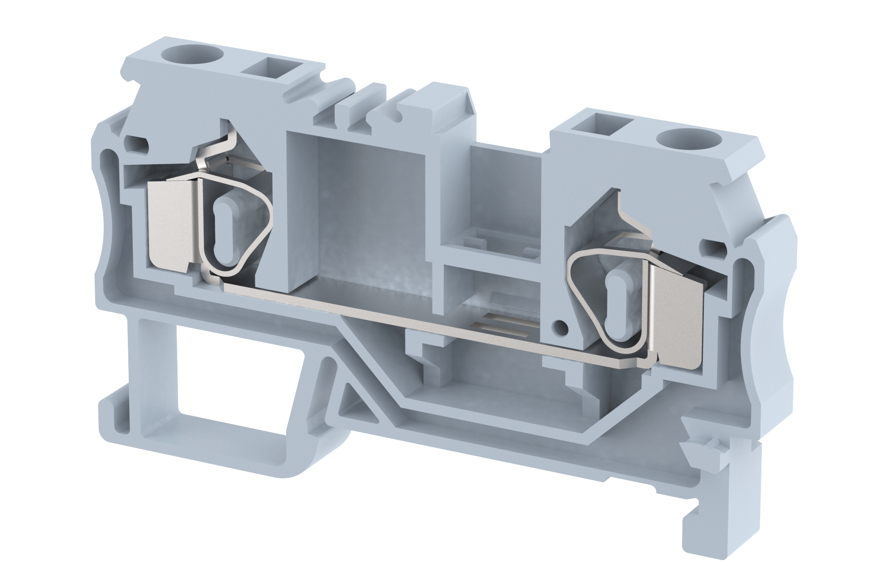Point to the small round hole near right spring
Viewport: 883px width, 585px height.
[559, 327]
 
